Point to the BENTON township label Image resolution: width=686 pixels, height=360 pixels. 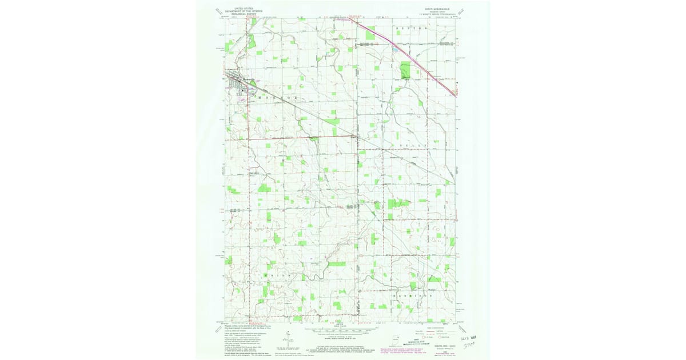point(416,28)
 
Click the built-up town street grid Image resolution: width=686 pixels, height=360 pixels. point(236,81)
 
